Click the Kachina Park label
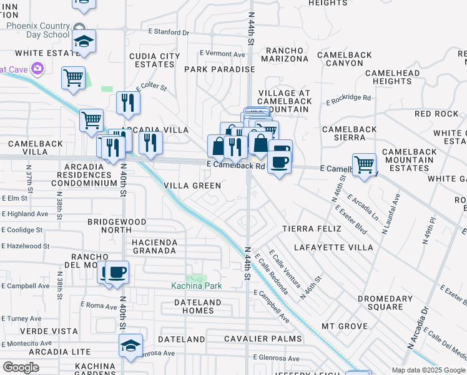(197, 286)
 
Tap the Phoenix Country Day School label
(37, 31)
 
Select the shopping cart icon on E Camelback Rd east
(364, 164)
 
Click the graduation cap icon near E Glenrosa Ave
(131, 346)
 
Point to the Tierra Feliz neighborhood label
(312, 229)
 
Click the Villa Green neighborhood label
(192, 186)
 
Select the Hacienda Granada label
(154, 246)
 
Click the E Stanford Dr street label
(168, 31)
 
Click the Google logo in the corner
(21, 367)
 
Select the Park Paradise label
(219, 69)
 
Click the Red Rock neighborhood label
(436, 114)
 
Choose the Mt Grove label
(344, 326)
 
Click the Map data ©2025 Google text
(427, 370)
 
